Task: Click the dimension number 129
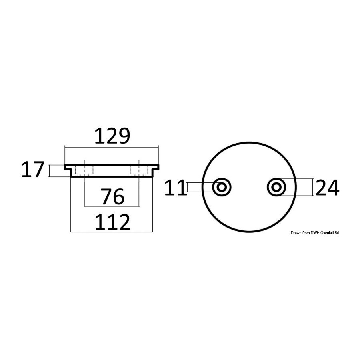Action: [112, 136]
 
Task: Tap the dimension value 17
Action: [32, 170]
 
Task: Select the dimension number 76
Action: [113, 196]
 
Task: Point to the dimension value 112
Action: [112, 222]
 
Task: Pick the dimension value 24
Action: [327, 187]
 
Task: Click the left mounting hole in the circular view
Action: [222, 187]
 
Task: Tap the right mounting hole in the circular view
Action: [276, 187]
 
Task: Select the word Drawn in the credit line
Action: [296, 233]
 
